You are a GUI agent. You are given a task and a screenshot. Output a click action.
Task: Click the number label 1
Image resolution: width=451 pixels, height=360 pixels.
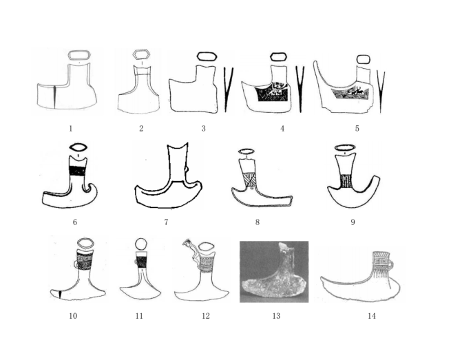coord(71,129)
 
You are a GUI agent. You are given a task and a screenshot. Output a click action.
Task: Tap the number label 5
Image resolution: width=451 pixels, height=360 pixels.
coord(357,129)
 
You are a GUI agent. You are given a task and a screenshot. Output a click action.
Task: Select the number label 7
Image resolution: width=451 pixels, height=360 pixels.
coord(166,222)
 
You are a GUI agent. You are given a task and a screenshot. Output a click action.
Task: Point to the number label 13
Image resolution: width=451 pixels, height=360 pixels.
coord(276,316)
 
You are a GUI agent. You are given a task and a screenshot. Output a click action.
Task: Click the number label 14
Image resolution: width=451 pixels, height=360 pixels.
coord(372,316)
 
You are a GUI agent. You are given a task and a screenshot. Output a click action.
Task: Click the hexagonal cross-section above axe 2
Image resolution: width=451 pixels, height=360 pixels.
coord(142,54)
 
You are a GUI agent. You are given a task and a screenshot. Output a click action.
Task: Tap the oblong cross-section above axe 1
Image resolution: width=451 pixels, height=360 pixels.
coord(79,55)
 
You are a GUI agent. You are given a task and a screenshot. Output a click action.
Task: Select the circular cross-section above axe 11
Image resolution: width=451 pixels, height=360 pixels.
coord(141,245)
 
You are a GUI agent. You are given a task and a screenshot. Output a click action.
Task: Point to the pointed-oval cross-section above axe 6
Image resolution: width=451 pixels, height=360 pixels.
coord(78,147)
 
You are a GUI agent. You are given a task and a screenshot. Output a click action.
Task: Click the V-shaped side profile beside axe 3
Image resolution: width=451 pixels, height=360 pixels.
coord(229,89)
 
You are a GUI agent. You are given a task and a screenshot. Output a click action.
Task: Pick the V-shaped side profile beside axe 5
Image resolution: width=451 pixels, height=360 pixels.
coord(381,92)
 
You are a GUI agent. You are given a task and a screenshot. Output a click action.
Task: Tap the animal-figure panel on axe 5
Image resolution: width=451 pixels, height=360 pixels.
coord(350,93)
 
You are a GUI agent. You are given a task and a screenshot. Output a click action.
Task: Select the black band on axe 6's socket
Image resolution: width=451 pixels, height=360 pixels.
coord(78,171)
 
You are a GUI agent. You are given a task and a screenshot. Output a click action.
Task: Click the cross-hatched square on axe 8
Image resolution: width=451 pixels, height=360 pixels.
coord(249,180)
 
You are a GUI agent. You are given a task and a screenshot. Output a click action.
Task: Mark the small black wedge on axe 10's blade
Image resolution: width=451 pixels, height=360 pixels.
coord(60,295)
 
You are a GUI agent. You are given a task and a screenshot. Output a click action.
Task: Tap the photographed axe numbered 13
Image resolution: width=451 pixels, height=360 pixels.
coord(274,272)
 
